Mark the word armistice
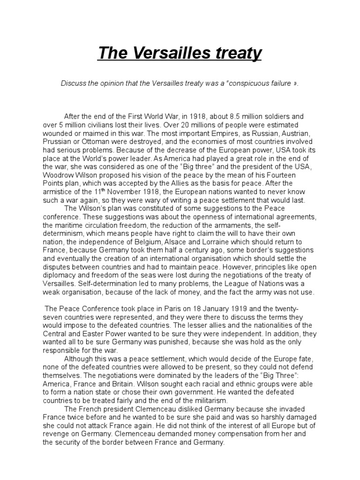[57, 192]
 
